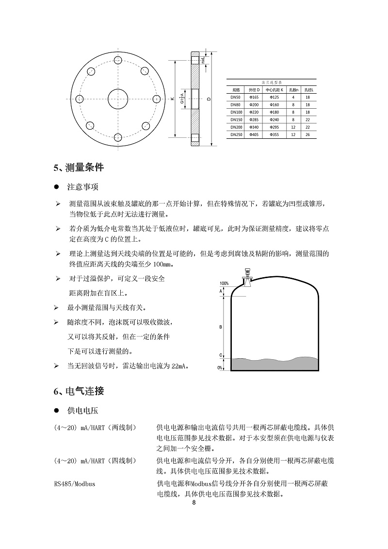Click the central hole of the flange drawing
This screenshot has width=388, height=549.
click(x=117, y=99)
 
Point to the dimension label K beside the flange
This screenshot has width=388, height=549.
click(x=172, y=99)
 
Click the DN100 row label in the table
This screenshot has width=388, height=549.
click(x=236, y=112)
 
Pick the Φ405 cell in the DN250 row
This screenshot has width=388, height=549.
click(x=254, y=134)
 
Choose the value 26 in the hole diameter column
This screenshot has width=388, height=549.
click(x=307, y=134)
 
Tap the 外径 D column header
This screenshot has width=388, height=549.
click(x=254, y=90)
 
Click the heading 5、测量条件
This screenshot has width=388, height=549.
click(x=79, y=168)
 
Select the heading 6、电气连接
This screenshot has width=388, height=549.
click(x=79, y=390)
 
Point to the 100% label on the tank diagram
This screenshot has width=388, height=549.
click(x=224, y=283)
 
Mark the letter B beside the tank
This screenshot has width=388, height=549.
click(x=221, y=327)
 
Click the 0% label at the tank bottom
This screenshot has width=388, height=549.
click(x=220, y=368)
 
